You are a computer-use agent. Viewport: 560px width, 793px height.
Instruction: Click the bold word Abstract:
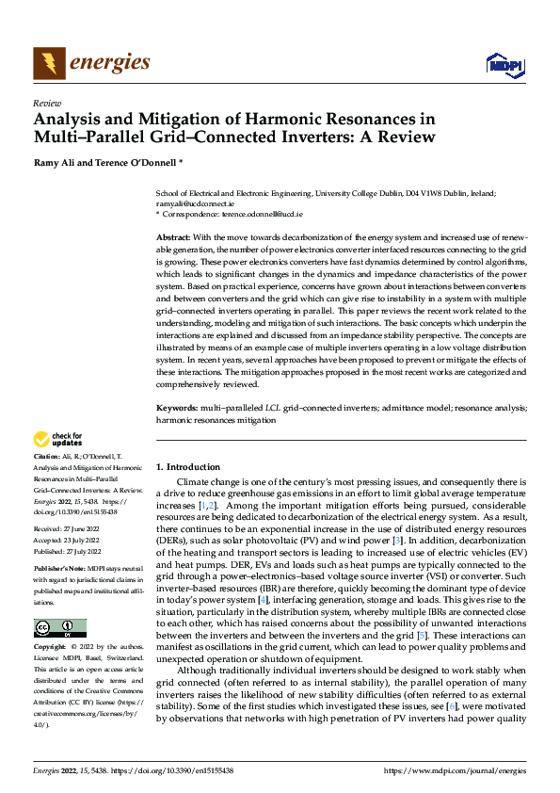point(174,239)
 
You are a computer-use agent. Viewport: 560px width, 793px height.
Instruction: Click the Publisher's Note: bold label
point(60,571)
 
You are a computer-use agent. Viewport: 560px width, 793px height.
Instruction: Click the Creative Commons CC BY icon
point(59,628)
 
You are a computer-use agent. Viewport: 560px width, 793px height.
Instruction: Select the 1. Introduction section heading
point(188,467)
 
